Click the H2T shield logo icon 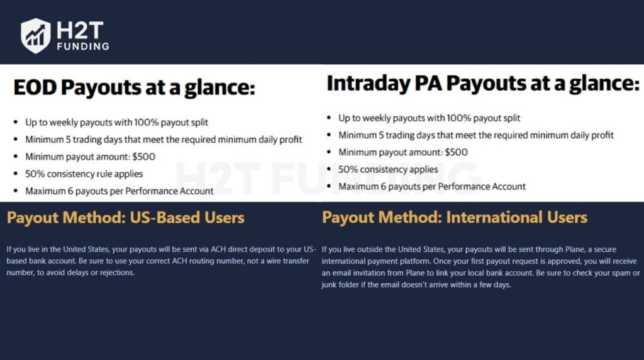point(35,35)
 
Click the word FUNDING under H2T point(82,47)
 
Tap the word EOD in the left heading point(36,87)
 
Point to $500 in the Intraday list point(455,152)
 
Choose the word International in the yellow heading point(487,218)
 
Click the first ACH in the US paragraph point(192,249)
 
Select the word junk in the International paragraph point(331,284)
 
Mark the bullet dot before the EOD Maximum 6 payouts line point(15,191)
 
